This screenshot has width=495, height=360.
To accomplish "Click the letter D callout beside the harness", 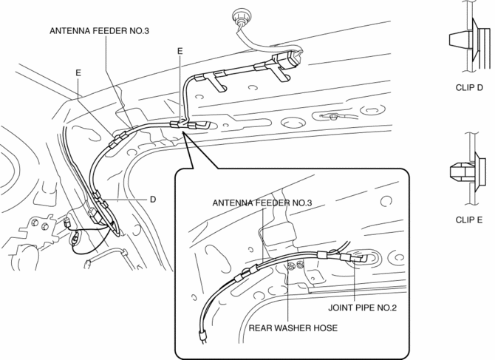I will [x=152, y=199].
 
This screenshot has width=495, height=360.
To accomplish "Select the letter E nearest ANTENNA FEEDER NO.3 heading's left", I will [x=78, y=72].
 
